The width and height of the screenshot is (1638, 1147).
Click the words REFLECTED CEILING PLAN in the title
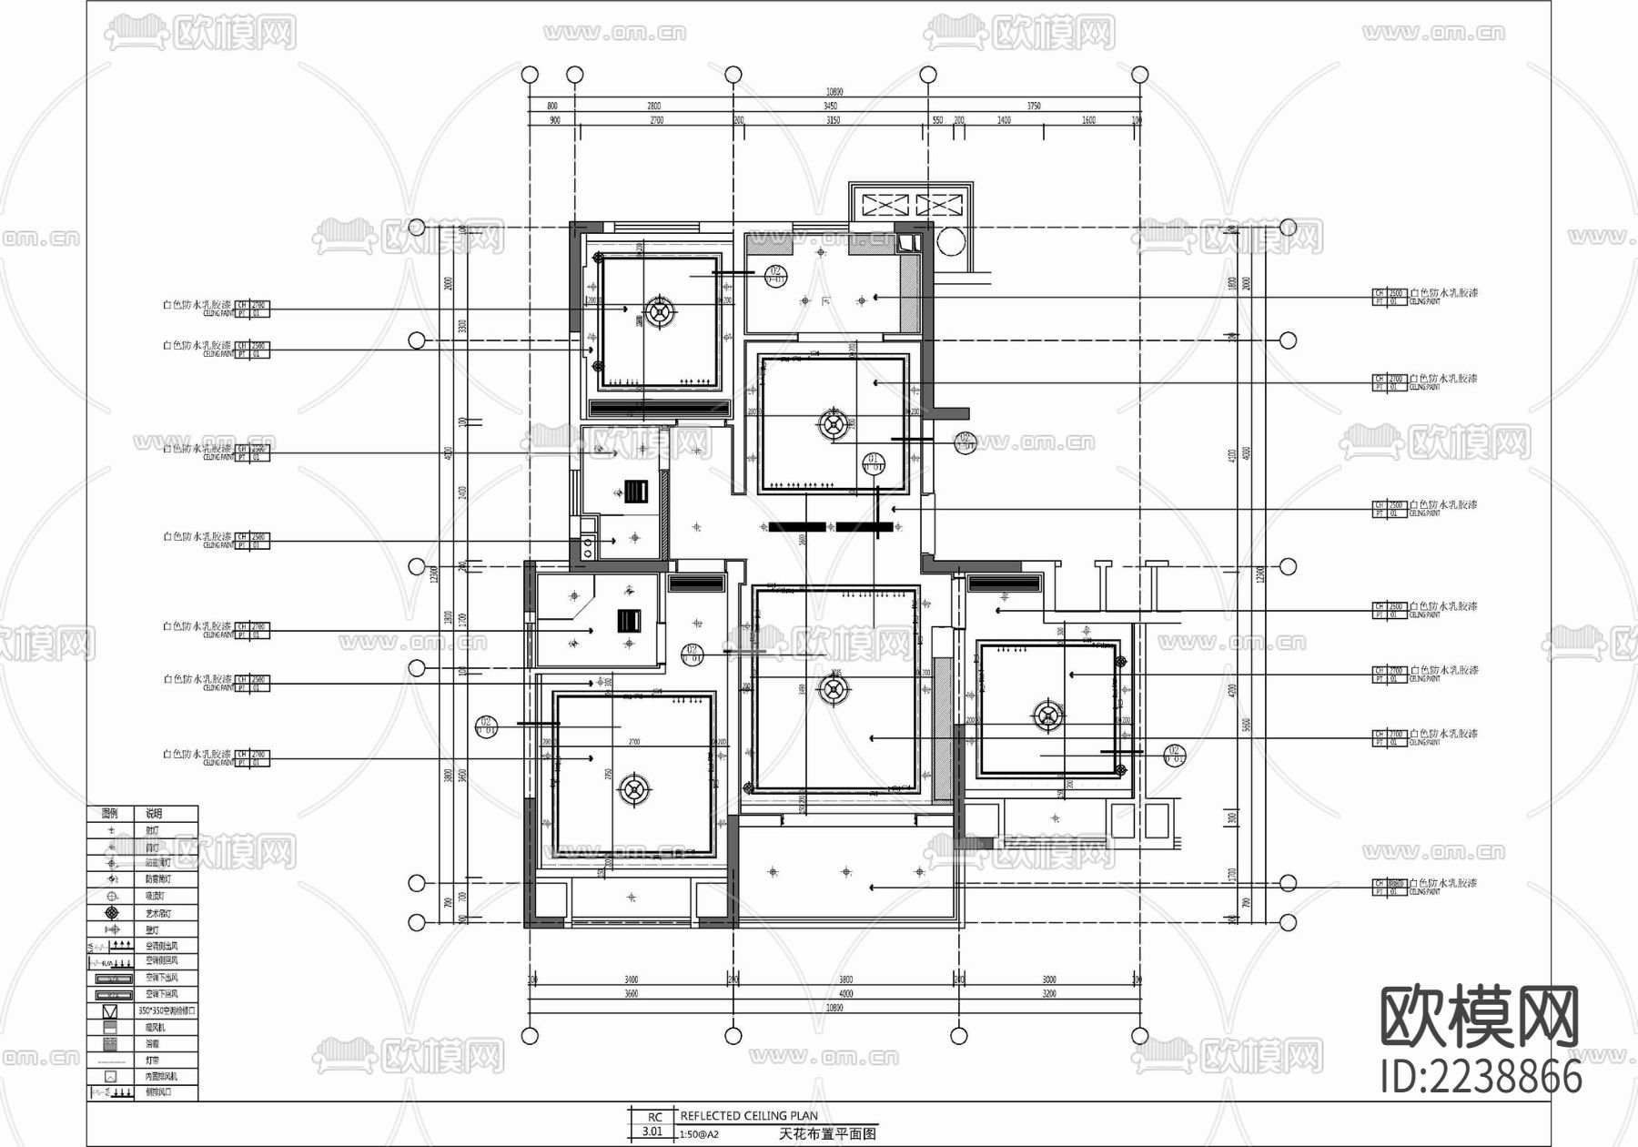click(748, 1115)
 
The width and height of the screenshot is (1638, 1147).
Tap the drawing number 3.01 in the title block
click(652, 1132)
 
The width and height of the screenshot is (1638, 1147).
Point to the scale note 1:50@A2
click(699, 1134)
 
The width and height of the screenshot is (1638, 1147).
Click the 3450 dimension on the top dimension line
click(830, 107)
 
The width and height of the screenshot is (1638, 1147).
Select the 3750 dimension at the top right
click(1034, 107)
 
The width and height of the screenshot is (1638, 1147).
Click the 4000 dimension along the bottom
click(845, 994)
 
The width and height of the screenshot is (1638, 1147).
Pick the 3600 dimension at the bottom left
click(631, 994)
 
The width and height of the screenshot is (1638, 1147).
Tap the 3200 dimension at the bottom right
click(1048, 994)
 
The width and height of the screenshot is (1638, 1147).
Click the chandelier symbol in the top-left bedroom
click(661, 310)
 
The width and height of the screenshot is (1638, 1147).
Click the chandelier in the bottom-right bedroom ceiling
click(1048, 716)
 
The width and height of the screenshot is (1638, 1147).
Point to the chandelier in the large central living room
click(833, 689)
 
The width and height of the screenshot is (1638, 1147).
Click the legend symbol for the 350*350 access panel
click(110, 1011)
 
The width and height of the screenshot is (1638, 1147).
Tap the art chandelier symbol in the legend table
click(111, 912)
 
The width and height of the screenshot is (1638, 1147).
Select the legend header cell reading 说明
click(155, 814)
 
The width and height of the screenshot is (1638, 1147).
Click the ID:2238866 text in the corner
click(1481, 1078)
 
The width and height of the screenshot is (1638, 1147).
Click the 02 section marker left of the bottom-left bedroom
click(487, 726)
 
